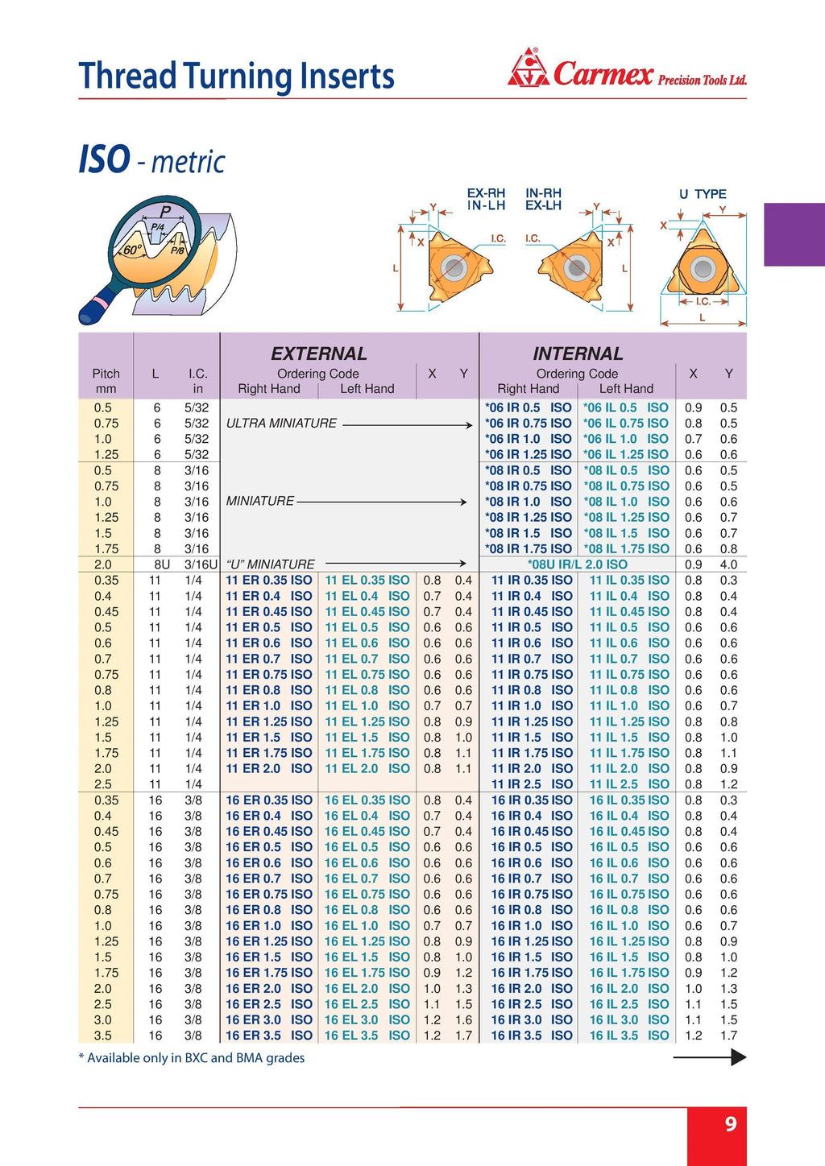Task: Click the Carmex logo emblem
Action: coord(528,68)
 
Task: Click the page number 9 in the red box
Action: coord(730,1123)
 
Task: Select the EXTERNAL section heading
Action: coord(318,354)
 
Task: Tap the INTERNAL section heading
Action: coord(578,354)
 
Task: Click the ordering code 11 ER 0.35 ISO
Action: coord(268,580)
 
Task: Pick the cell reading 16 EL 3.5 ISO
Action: coord(367,1036)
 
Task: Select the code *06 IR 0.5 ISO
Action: coord(528,407)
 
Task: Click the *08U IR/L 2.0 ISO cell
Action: coord(577,564)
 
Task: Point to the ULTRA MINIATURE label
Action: coord(281,424)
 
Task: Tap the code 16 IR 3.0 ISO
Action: coord(531,1019)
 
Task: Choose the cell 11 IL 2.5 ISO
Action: coord(628,784)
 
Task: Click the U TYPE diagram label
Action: coord(703,194)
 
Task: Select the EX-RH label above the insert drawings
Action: coord(486,193)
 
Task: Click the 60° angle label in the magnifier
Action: coord(131,250)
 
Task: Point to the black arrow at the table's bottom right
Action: coord(709,1057)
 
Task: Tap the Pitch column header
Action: coord(106,374)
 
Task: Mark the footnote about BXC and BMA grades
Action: coord(192,1058)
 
